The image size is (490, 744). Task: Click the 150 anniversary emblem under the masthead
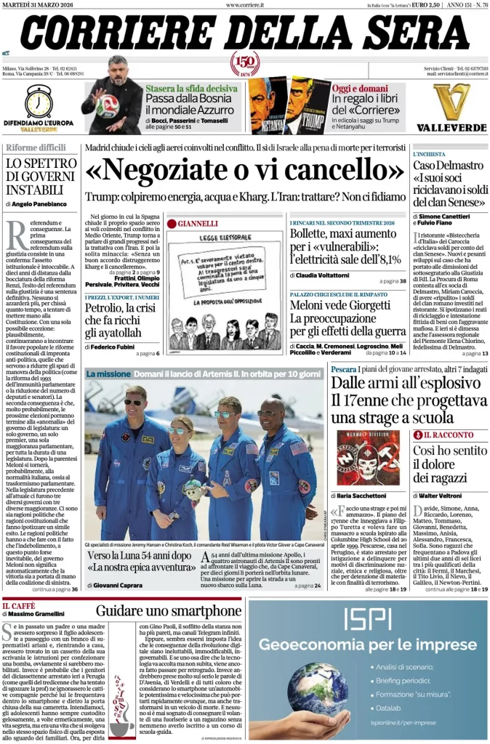pos(246,64)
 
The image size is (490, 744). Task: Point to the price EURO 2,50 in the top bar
pos(428,5)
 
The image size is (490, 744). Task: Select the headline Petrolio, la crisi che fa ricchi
pos(120,320)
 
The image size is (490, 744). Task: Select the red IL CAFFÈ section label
pos(20,604)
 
